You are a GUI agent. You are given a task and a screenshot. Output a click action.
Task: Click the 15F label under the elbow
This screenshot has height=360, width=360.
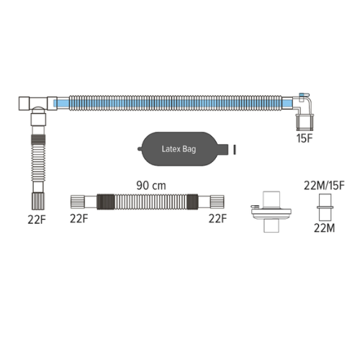tap(305, 138)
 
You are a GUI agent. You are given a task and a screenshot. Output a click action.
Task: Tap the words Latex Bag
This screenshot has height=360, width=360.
tap(179, 149)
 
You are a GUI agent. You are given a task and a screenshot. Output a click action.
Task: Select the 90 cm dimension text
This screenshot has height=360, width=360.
tap(151, 186)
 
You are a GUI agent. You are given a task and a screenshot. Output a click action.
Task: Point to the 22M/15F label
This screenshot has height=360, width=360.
tap(324, 186)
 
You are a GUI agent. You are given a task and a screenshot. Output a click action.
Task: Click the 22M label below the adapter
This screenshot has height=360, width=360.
tap(324, 228)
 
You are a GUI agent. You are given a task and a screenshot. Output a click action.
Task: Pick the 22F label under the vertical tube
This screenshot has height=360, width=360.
tap(37, 220)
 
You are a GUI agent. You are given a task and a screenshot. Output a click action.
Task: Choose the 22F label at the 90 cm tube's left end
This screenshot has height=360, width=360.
tap(79, 218)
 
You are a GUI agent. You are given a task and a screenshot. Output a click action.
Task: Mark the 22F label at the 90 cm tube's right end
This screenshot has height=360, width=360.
tap(217, 218)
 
